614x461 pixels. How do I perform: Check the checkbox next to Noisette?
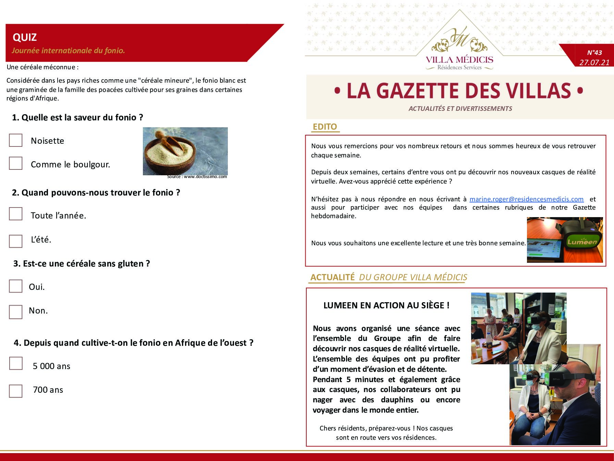point(15,140)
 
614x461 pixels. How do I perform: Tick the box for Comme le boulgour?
point(15,164)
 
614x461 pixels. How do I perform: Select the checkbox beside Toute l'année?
point(15,214)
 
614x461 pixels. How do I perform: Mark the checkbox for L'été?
point(15,241)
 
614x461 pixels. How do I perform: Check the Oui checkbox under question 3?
point(15,286)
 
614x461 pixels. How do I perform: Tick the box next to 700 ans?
point(15,391)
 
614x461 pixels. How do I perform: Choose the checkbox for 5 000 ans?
point(15,364)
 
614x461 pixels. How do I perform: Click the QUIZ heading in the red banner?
point(25,37)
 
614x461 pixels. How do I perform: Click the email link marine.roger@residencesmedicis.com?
point(526,199)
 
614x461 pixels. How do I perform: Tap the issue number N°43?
point(594,52)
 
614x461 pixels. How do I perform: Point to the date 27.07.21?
point(594,62)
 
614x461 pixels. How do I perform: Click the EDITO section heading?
point(324,127)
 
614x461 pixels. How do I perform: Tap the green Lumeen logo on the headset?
point(582,242)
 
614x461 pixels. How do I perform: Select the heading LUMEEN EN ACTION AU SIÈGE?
point(386,305)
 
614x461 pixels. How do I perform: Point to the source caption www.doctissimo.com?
point(197,177)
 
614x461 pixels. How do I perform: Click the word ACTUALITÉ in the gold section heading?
point(332,277)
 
